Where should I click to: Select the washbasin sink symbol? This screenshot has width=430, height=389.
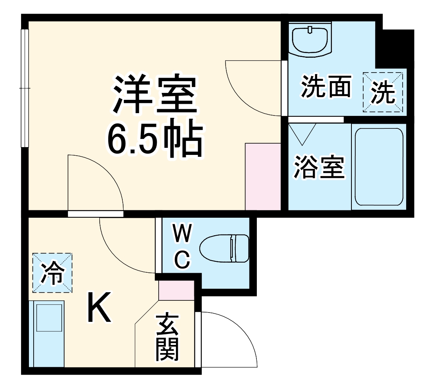pyautogui.click(x=310, y=39)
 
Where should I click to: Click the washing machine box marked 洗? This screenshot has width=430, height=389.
pyautogui.click(x=383, y=92)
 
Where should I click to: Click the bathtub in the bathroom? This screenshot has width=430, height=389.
pyautogui.click(x=379, y=167)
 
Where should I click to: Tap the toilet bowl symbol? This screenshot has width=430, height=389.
pyautogui.click(x=224, y=248)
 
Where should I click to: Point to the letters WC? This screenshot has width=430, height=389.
pyautogui.click(x=182, y=247)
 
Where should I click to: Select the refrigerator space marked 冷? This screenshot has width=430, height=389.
pyautogui.click(x=52, y=272)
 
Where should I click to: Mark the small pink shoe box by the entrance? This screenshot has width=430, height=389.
pyautogui.click(x=176, y=290)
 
